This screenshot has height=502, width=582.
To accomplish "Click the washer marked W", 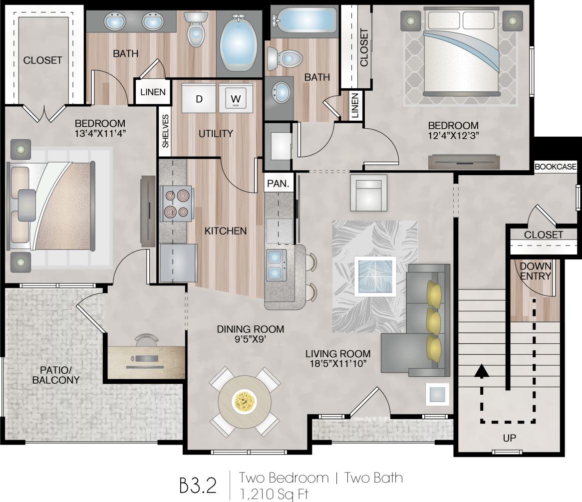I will click(x=236, y=99).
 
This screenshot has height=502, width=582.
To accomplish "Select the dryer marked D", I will click(x=199, y=99).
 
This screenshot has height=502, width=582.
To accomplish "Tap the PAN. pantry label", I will click(x=278, y=183).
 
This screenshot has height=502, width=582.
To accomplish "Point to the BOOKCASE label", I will click(x=555, y=167).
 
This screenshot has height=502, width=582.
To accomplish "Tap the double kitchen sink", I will click(x=275, y=264).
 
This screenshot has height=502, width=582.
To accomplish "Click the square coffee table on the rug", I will click(x=375, y=276).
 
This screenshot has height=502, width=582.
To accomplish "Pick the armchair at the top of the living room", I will click(x=368, y=193).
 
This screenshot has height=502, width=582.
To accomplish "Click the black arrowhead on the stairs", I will click(x=481, y=371).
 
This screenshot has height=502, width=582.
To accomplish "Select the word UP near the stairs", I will click(x=510, y=438).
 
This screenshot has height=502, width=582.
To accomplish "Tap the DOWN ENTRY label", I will click(x=536, y=271).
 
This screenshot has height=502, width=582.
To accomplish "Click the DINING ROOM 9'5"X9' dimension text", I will click(x=250, y=334).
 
